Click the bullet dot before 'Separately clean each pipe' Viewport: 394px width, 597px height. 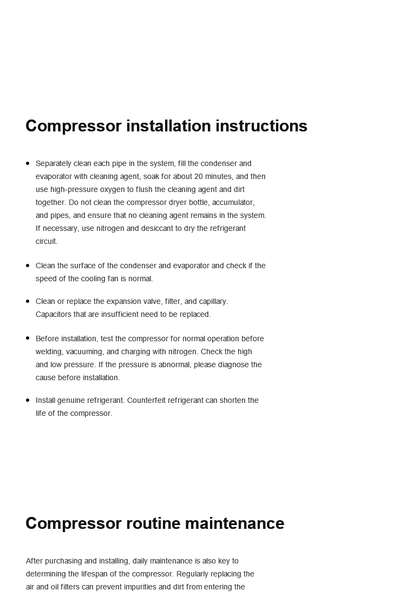[x=28, y=163]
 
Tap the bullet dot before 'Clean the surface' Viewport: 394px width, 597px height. [x=28, y=266]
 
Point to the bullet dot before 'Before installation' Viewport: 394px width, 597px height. [x=28, y=339]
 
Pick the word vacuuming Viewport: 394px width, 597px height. [x=85, y=351]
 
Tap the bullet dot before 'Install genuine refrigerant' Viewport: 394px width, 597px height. [x=28, y=400]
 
